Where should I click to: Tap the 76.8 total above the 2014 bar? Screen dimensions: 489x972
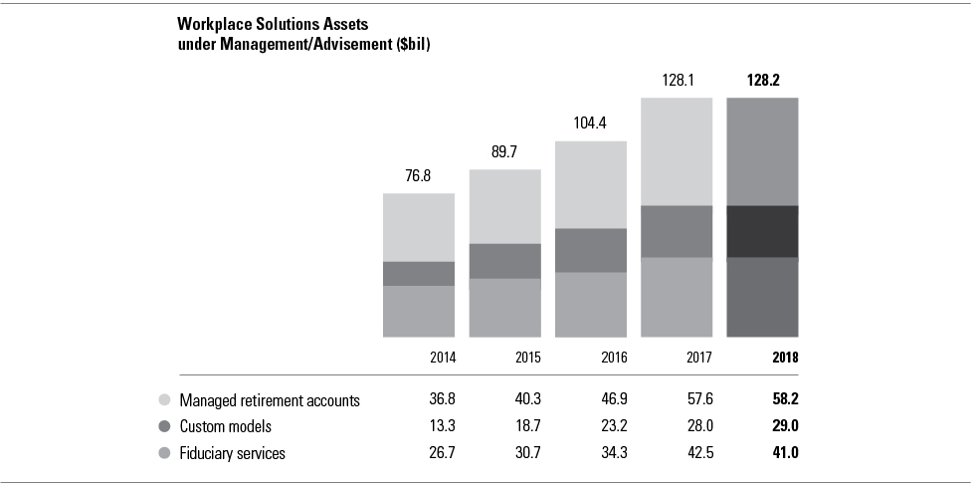[419, 177]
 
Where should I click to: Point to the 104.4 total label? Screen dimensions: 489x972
[590, 125]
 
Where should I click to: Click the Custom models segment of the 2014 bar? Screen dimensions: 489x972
[419, 274]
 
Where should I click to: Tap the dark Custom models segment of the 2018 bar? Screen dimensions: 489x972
[763, 231]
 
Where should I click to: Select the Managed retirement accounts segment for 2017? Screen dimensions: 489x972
[677, 151]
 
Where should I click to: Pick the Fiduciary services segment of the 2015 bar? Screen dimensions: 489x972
[504, 308]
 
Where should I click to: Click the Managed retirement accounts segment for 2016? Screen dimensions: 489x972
[590, 184]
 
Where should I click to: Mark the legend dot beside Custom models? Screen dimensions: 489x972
[165, 427]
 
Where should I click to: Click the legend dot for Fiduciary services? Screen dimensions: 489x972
[165, 453]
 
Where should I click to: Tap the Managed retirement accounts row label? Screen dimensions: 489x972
[269, 400]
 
